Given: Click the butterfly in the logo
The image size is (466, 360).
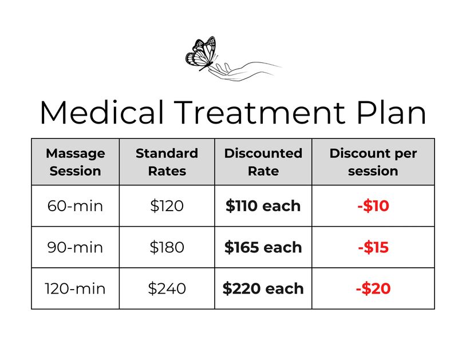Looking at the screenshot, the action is coord(201,53).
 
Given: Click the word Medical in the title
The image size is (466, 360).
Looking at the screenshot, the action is coord(102,112).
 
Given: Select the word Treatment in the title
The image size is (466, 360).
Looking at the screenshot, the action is coord(259,112).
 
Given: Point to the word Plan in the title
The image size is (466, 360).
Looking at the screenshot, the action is coord(391,112).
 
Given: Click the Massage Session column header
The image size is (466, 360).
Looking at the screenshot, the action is coord(75,162).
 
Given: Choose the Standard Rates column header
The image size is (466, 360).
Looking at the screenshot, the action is coord(167,162).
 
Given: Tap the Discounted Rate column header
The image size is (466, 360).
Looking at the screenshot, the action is coord(263,162).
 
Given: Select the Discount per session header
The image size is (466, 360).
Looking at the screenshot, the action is coord(373,162).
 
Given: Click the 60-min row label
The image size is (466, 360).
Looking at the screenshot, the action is coord(75,206).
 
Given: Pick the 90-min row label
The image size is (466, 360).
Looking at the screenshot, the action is coord(75,247).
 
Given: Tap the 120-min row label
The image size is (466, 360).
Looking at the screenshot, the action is coord(75,288).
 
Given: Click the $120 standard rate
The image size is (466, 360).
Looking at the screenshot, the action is coord(167,206).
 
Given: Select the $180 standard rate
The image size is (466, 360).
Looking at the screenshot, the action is coord(167,247).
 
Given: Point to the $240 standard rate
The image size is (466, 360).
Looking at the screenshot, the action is coord(167,288).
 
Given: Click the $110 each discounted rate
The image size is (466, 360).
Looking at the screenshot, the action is coord(263,206).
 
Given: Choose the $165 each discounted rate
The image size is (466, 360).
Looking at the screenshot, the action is coord(263,247).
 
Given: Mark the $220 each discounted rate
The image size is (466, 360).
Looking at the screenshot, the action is coord(263,288).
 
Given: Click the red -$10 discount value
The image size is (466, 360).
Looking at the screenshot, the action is coord(373,206).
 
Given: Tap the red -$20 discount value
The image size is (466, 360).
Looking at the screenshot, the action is coord(373,288).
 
